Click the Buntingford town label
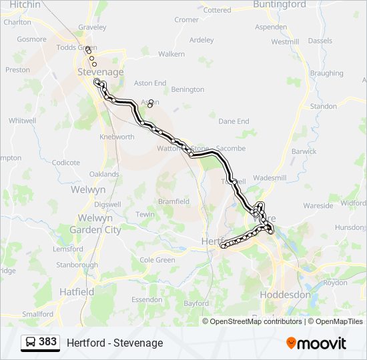(x=280, y=5)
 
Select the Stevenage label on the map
(x=101, y=71)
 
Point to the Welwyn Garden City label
(x=99, y=224)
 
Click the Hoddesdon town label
(x=285, y=294)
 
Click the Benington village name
(x=188, y=89)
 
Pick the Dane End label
(x=234, y=121)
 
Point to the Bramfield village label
(x=173, y=201)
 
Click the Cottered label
(x=217, y=11)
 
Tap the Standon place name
(x=324, y=106)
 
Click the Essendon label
(x=147, y=300)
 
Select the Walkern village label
(x=171, y=53)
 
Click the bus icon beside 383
(x=31, y=342)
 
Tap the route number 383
(x=48, y=342)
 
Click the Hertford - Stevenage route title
(x=115, y=343)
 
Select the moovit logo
(x=316, y=343)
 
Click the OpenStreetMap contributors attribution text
(x=256, y=321)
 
